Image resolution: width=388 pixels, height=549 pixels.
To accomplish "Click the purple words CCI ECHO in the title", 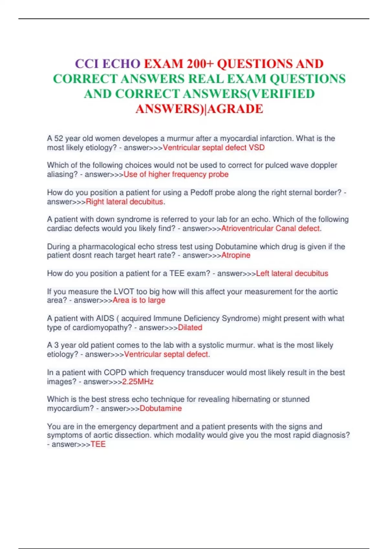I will click(108, 64).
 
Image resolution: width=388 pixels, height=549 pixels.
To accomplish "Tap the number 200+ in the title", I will click(200, 64).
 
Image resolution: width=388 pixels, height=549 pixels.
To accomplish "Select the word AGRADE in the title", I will click(235, 109).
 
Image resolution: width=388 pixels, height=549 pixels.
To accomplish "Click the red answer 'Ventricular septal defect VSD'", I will click(214, 148).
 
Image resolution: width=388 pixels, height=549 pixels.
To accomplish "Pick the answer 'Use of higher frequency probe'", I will click(176, 174).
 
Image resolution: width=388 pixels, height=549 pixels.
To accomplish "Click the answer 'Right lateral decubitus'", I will click(124, 202).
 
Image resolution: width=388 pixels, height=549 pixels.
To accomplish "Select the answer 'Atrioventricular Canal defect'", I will click(270, 228).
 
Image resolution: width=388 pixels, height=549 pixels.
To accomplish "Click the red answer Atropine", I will click(236, 255).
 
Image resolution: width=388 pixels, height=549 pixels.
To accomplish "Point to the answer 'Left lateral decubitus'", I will click(292, 274).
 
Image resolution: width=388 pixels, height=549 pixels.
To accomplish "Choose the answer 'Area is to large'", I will click(139, 300).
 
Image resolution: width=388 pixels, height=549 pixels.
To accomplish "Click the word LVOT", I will click(124, 292).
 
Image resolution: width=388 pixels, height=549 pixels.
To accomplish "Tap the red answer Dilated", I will click(190, 327).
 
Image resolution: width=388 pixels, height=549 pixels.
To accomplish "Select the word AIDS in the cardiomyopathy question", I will click(105, 318).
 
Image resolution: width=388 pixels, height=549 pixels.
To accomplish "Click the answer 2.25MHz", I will click(138, 382).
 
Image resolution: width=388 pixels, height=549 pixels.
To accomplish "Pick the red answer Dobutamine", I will click(161, 409).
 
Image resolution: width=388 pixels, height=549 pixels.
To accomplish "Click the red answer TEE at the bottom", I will click(98, 444).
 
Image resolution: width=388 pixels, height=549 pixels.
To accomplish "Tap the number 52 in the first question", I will click(59, 139).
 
